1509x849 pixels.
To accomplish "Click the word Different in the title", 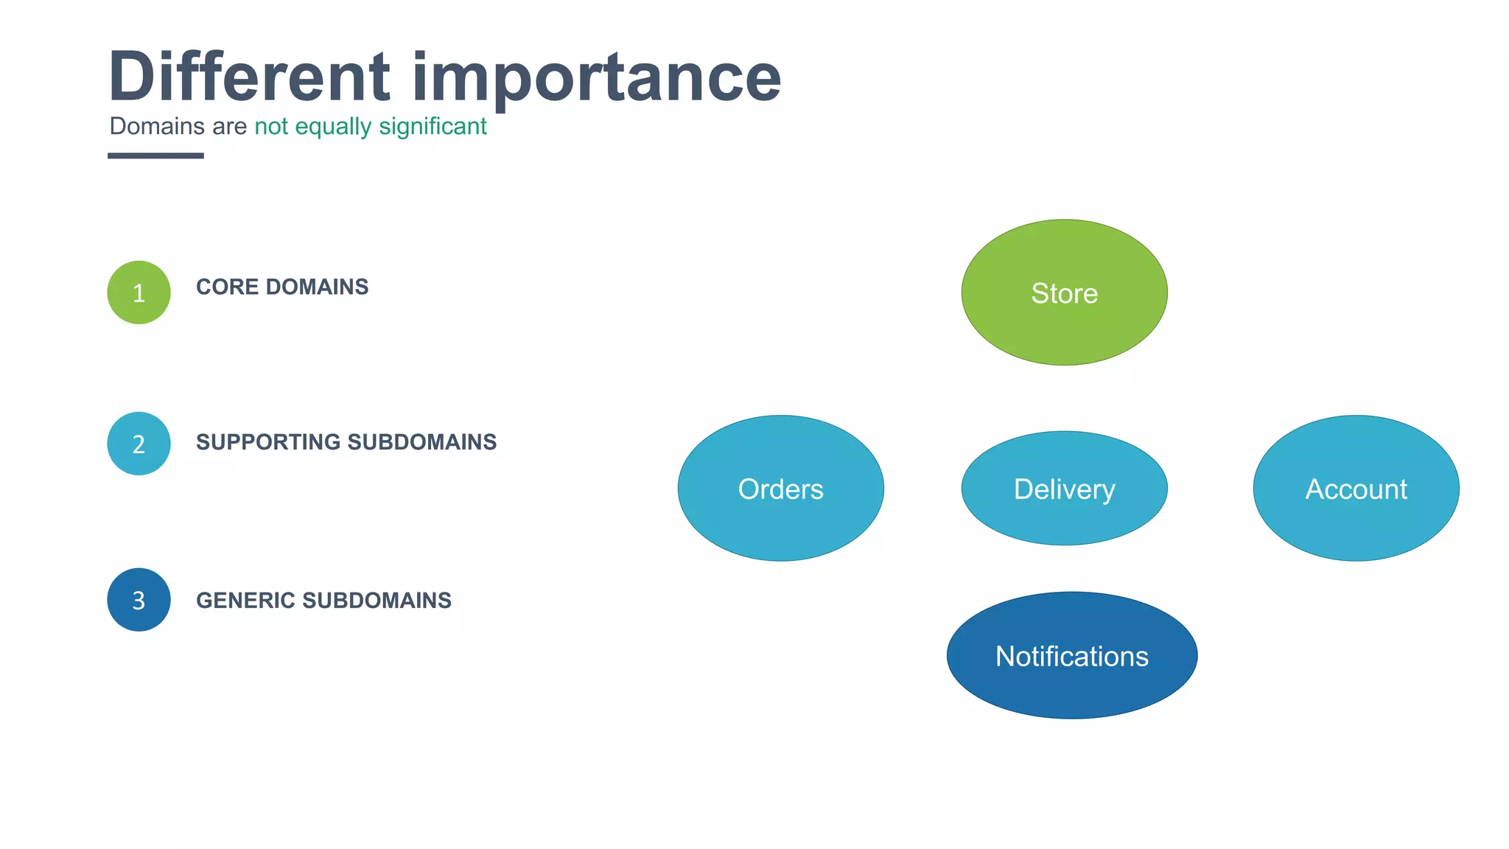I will point(249,77).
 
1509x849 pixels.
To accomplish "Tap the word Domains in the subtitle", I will point(157,126).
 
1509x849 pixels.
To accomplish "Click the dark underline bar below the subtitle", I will point(155,156).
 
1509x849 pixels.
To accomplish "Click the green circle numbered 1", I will point(139,293).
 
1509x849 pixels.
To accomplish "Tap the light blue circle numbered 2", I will point(139,444).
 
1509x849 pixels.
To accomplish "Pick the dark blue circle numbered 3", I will point(139,600).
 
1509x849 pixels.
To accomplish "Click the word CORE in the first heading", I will point(227,287).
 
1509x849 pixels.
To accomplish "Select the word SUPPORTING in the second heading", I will point(268,442).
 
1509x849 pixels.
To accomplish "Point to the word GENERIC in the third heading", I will point(245,601).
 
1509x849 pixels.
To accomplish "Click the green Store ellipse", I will point(1064,293).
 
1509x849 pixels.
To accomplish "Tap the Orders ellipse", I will point(780,489).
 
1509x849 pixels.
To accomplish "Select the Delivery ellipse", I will point(1064,489).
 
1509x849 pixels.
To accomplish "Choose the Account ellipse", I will point(1356,489).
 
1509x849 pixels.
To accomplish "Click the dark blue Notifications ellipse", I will point(1071,656).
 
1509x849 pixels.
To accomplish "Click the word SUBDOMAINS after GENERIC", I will point(377,601).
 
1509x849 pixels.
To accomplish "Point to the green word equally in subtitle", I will point(333,127).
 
